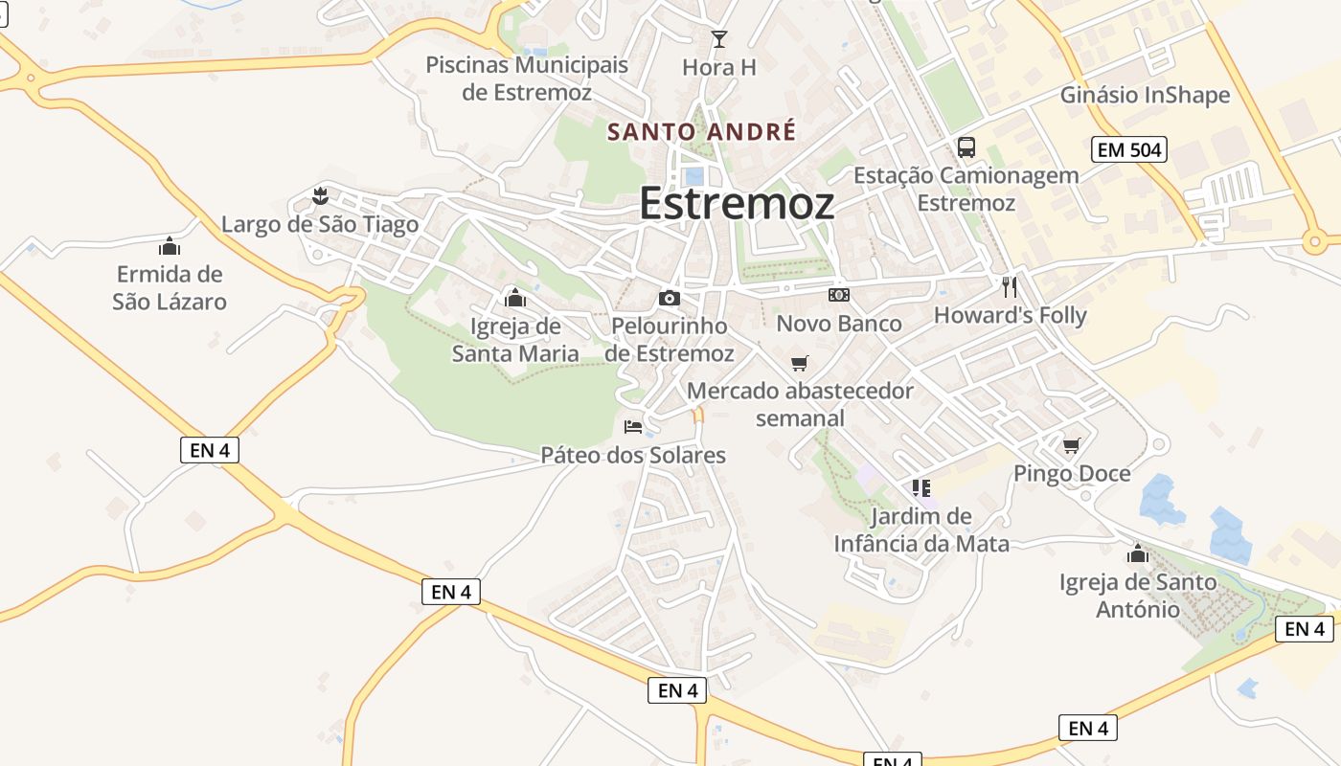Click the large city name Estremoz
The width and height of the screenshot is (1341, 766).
click(736, 204)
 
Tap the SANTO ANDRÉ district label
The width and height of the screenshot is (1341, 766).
click(702, 131)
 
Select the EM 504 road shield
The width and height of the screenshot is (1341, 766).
click(1128, 149)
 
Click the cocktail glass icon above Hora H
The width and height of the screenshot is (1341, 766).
click(719, 39)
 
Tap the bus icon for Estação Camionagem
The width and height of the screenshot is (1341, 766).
click(966, 147)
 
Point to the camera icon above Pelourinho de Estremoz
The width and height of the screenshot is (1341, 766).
click(670, 298)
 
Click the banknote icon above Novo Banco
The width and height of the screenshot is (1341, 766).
click(839, 295)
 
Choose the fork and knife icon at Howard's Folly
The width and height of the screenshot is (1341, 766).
click(1010, 286)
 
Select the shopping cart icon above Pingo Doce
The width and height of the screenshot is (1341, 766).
click(1072, 445)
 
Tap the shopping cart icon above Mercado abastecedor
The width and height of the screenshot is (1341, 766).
click(800, 363)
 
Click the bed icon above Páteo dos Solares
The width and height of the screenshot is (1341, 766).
click(633, 426)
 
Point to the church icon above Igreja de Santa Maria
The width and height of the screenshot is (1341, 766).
click(515, 297)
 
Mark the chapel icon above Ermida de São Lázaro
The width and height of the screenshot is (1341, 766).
click(170, 246)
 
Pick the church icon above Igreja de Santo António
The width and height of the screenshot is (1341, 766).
click(1138, 553)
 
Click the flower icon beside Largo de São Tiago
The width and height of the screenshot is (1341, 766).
click(320, 197)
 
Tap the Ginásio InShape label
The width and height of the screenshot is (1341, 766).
click(1145, 95)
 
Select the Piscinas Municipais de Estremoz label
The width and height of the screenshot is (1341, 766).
click(527, 79)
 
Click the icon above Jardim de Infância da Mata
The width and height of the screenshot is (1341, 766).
click(921, 488)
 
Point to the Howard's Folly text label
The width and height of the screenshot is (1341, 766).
click(1011, 315)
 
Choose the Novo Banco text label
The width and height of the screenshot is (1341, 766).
click(839, 324)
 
